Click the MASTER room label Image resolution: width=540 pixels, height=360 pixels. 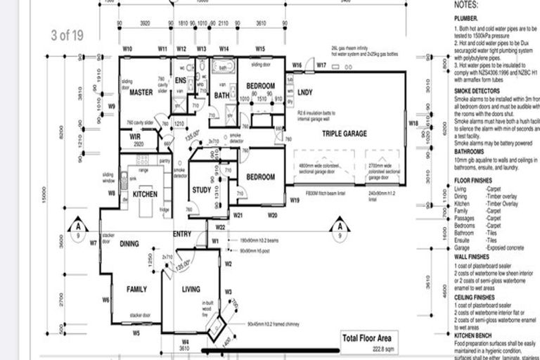click(141, 93)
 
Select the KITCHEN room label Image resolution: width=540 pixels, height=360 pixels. click(146, 194)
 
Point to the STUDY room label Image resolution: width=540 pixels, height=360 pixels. click(201, 189)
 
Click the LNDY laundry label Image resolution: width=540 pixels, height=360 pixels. click(305, 93)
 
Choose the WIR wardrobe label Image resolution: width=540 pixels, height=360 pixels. click(136, 136)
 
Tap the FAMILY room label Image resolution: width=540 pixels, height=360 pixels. click(136, 289)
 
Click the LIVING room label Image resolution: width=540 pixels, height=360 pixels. click(191, 289)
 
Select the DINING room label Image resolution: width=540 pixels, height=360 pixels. click(129, 245)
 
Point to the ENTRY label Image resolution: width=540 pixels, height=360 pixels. click(181, 234)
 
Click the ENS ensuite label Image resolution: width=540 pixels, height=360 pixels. click(180, 79)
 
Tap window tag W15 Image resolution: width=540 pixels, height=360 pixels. click(260, 49)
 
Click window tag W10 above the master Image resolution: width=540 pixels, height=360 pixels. click(128, 49)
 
